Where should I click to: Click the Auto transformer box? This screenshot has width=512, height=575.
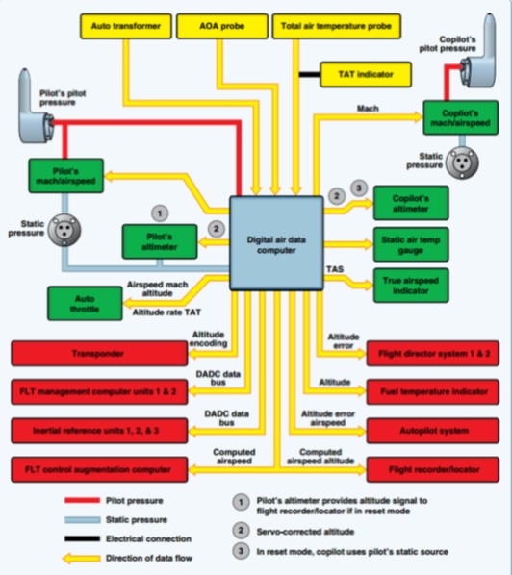pyautogui.click(x=126, y=26)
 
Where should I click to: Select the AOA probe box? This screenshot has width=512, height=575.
pyautogui.click(x=222, y=26)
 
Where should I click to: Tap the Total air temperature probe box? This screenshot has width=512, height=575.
pyautogui.click(x=336, y=26)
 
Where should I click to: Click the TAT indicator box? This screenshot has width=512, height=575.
pyautogui.click(x=366, y=74)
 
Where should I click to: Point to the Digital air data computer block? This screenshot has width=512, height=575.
pyautogui.click(x=276, y=244)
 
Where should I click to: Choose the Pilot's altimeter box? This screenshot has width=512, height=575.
pyautogui.click(x=160, y=241)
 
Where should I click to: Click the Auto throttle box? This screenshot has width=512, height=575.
pyautogui.click(x=85, y=304)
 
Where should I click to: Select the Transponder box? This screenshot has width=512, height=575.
pyautogui.click(x=99, y=354)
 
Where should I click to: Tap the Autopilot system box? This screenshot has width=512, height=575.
pyautogui.click(x=433, y=431)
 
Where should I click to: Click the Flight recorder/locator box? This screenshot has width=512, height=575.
pyautogui.click(x=433, y=469)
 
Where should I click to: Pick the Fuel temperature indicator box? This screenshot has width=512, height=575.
pyautogui.click(x=433, y=391)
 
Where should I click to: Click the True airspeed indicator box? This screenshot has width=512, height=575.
pyautogui.click(x=411, y=286)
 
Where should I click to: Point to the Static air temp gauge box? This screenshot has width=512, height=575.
pyautogui.click(x=411, y=244)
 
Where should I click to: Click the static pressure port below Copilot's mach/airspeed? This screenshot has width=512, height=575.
pyautogui.click(x=462, y=162)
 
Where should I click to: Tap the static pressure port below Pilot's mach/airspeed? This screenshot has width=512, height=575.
pyautogui.click(x=64, y=231)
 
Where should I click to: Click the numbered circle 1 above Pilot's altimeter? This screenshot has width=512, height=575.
pyautogui.click(x=160, y=213)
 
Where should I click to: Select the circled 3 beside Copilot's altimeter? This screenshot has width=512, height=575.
pyautogui.click(x=359, y=188)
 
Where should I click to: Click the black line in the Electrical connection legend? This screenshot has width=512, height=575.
pyautogui.click(x=82, y=538)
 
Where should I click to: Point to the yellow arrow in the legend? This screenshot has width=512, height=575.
pyautogui.click(x=82, y=559)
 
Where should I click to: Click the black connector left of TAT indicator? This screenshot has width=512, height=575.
pyautogui.click(x=310, y=75)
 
